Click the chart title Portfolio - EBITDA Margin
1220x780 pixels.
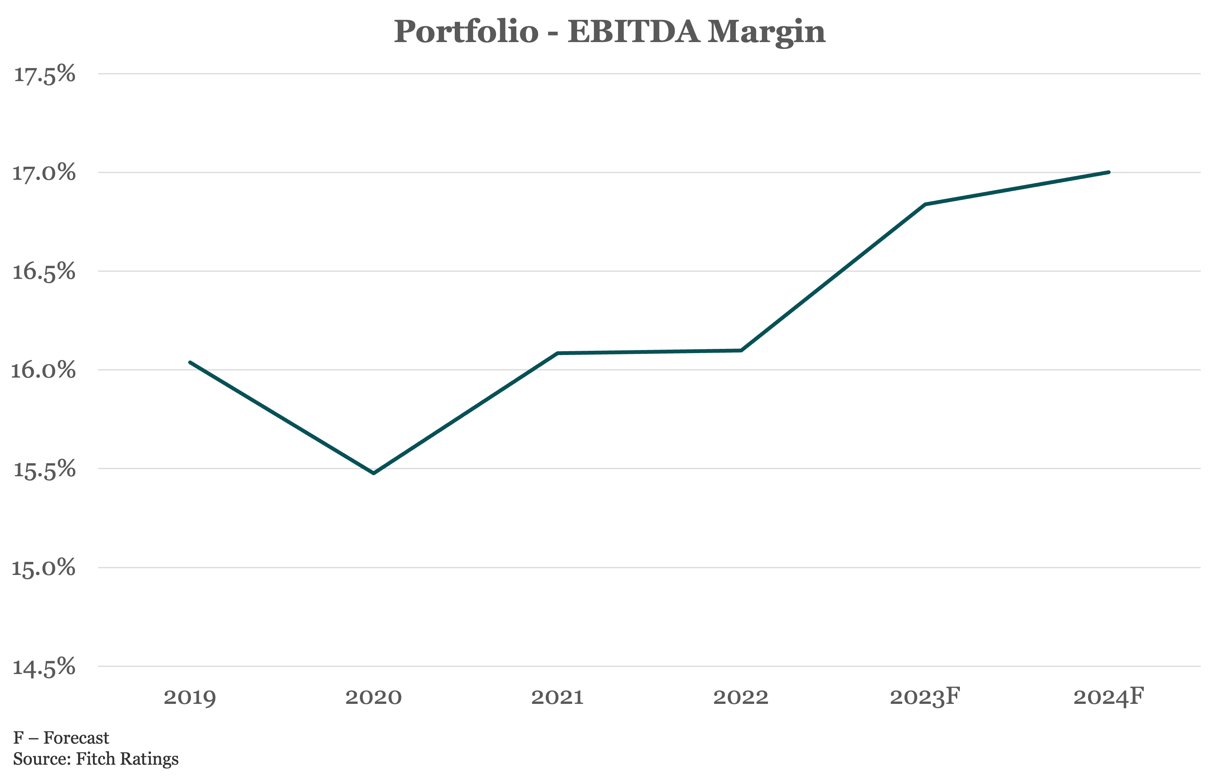pos(610,31)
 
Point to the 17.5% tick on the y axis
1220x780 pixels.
pos(44,75)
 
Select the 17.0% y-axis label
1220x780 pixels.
pos(44,173)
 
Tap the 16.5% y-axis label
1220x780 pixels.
pos(44,272)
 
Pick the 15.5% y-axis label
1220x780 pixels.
pos(44,469)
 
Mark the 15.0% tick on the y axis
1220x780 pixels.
pos(44,568)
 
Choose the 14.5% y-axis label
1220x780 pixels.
pos(44,667)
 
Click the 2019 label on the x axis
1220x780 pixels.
pos(190,697)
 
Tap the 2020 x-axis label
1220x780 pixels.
pos(373,697)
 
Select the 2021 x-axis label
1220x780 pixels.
pos(557,697)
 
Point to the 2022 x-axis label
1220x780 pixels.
pos(741,697)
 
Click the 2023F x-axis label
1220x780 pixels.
pos(925,697)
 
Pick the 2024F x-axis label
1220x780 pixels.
pos(1109,697)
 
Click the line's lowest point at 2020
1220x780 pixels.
pos(373,473)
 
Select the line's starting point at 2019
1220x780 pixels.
pos(190,362)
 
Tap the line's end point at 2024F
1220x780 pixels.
pos(1109,172)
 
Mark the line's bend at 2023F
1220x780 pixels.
pos(925,204)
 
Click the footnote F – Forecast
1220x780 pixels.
pos(61,738)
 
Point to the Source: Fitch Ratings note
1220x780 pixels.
pos(96,759)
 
